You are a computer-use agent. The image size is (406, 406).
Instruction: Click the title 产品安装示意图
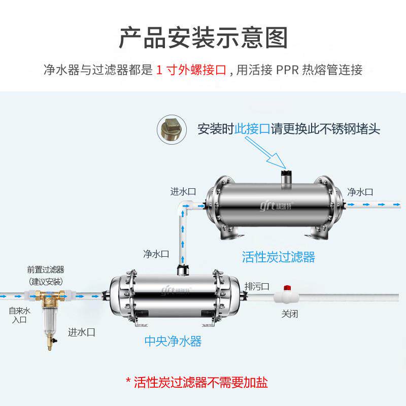[x=203, y=39]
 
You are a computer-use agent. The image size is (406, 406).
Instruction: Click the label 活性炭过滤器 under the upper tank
[x=278, y=257]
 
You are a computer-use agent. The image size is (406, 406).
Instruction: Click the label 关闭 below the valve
[x=290, y=313]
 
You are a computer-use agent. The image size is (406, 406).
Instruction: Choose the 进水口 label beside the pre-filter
[x=82, y=332]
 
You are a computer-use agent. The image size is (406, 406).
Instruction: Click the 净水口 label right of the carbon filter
[x=360, y=192]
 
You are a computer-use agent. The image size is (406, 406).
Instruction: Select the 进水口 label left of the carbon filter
[x=183, y=191]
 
